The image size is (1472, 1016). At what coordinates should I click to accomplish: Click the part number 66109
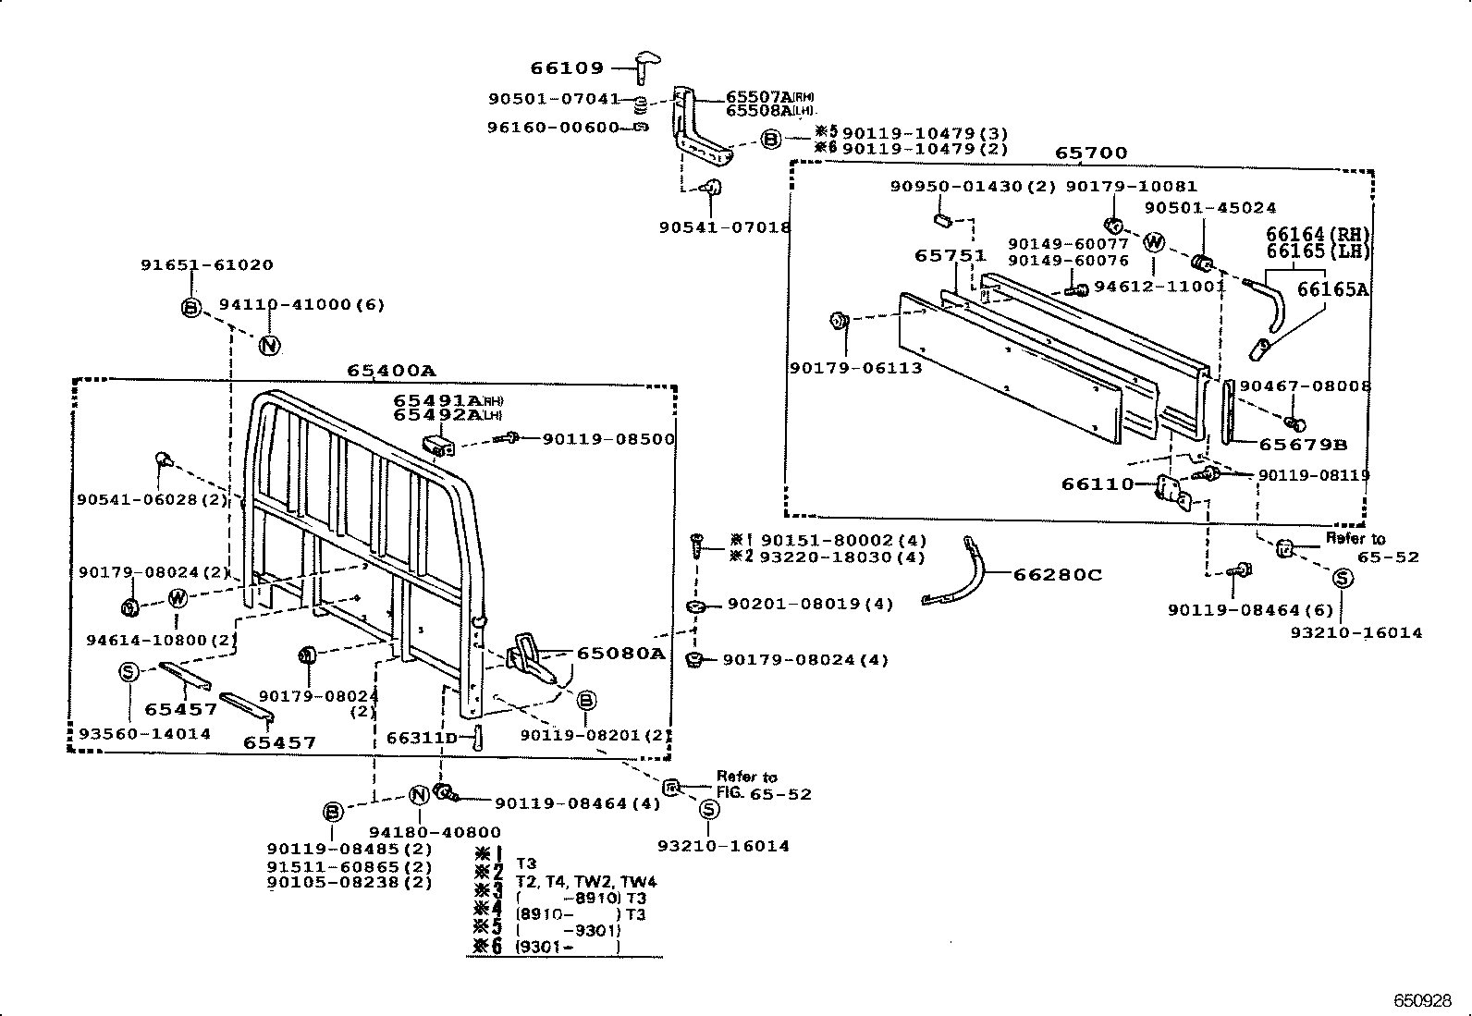tap(566, 67)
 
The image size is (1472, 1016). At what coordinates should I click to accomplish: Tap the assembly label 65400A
tap(390, 371)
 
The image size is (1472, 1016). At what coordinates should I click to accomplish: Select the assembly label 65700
tap(1091, 153)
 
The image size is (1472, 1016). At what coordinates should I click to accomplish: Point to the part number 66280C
tap(1058, 575)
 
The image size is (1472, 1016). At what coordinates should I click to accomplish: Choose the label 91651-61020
tap(206, 264)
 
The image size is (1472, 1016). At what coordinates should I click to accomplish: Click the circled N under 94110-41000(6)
tap(269, 346)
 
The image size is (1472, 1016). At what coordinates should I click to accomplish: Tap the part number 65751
tap(951, 255)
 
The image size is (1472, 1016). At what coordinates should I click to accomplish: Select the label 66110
tap(1097, 484)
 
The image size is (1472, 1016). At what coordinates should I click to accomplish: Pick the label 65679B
tap(1303, 445)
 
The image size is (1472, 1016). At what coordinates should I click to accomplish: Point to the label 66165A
tap(1331, 289)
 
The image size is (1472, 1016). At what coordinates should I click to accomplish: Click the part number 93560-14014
tap(144, 733)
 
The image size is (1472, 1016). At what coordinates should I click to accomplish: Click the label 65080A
tap(620, 653)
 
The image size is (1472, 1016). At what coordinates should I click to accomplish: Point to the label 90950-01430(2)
tap(973, 186)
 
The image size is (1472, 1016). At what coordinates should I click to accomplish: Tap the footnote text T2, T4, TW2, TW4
tap(585, 881)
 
